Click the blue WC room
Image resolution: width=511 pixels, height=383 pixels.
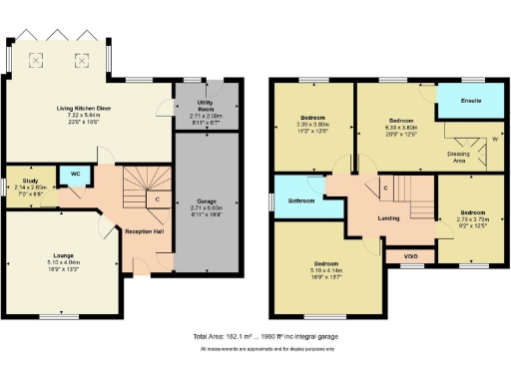(73, 174)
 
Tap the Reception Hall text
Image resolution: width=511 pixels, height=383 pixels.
(144, 230)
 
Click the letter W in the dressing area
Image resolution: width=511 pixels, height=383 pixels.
(493, 139)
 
